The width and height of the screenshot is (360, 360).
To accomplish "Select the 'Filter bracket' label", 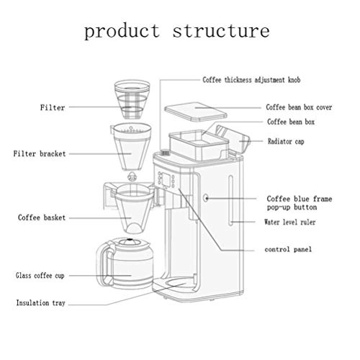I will (40, 153).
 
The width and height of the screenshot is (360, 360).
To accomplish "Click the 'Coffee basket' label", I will (40, 216).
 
